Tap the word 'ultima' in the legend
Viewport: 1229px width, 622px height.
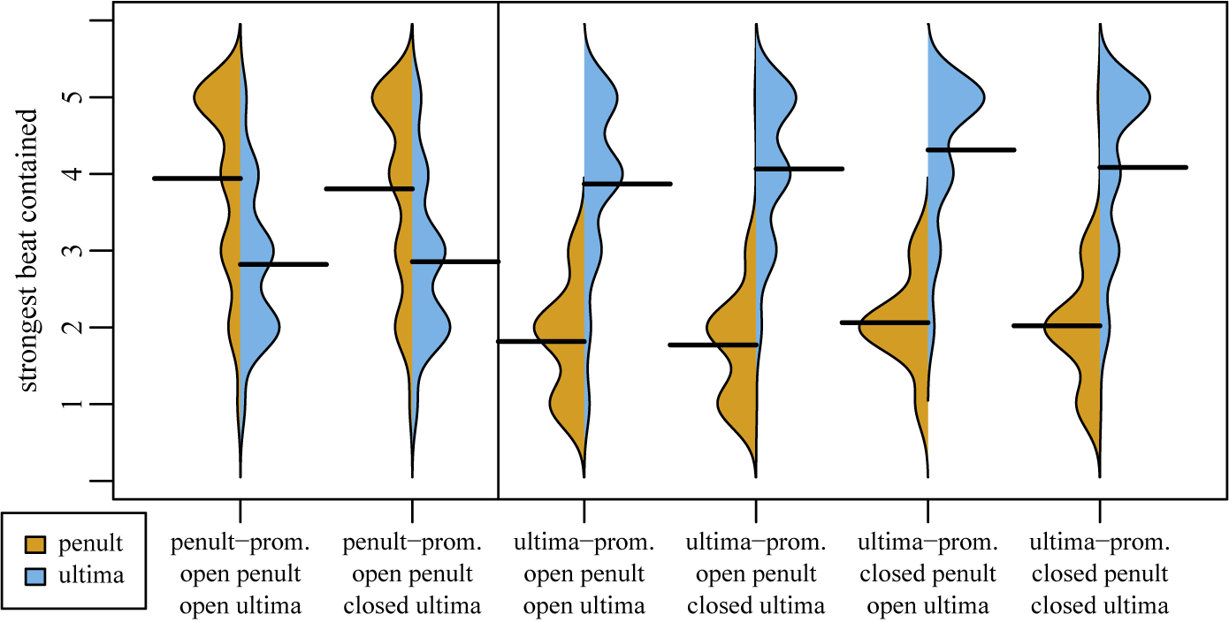(90, 575)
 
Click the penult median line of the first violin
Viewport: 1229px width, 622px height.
(197, 178)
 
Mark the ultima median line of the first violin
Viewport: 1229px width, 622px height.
(284, 264)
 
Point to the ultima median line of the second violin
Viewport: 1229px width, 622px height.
(455, 262)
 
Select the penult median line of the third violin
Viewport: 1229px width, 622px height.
(541, 341)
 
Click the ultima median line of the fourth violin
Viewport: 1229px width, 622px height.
(800, 169)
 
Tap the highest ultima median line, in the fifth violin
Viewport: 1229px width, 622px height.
(971, 150)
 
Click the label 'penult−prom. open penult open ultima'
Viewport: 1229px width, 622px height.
(240, 574)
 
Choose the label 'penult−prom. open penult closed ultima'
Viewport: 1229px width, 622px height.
(413, 574)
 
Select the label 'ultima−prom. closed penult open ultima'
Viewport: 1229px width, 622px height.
(927, 574)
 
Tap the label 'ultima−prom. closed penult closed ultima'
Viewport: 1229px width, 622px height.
(1100, 574)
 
